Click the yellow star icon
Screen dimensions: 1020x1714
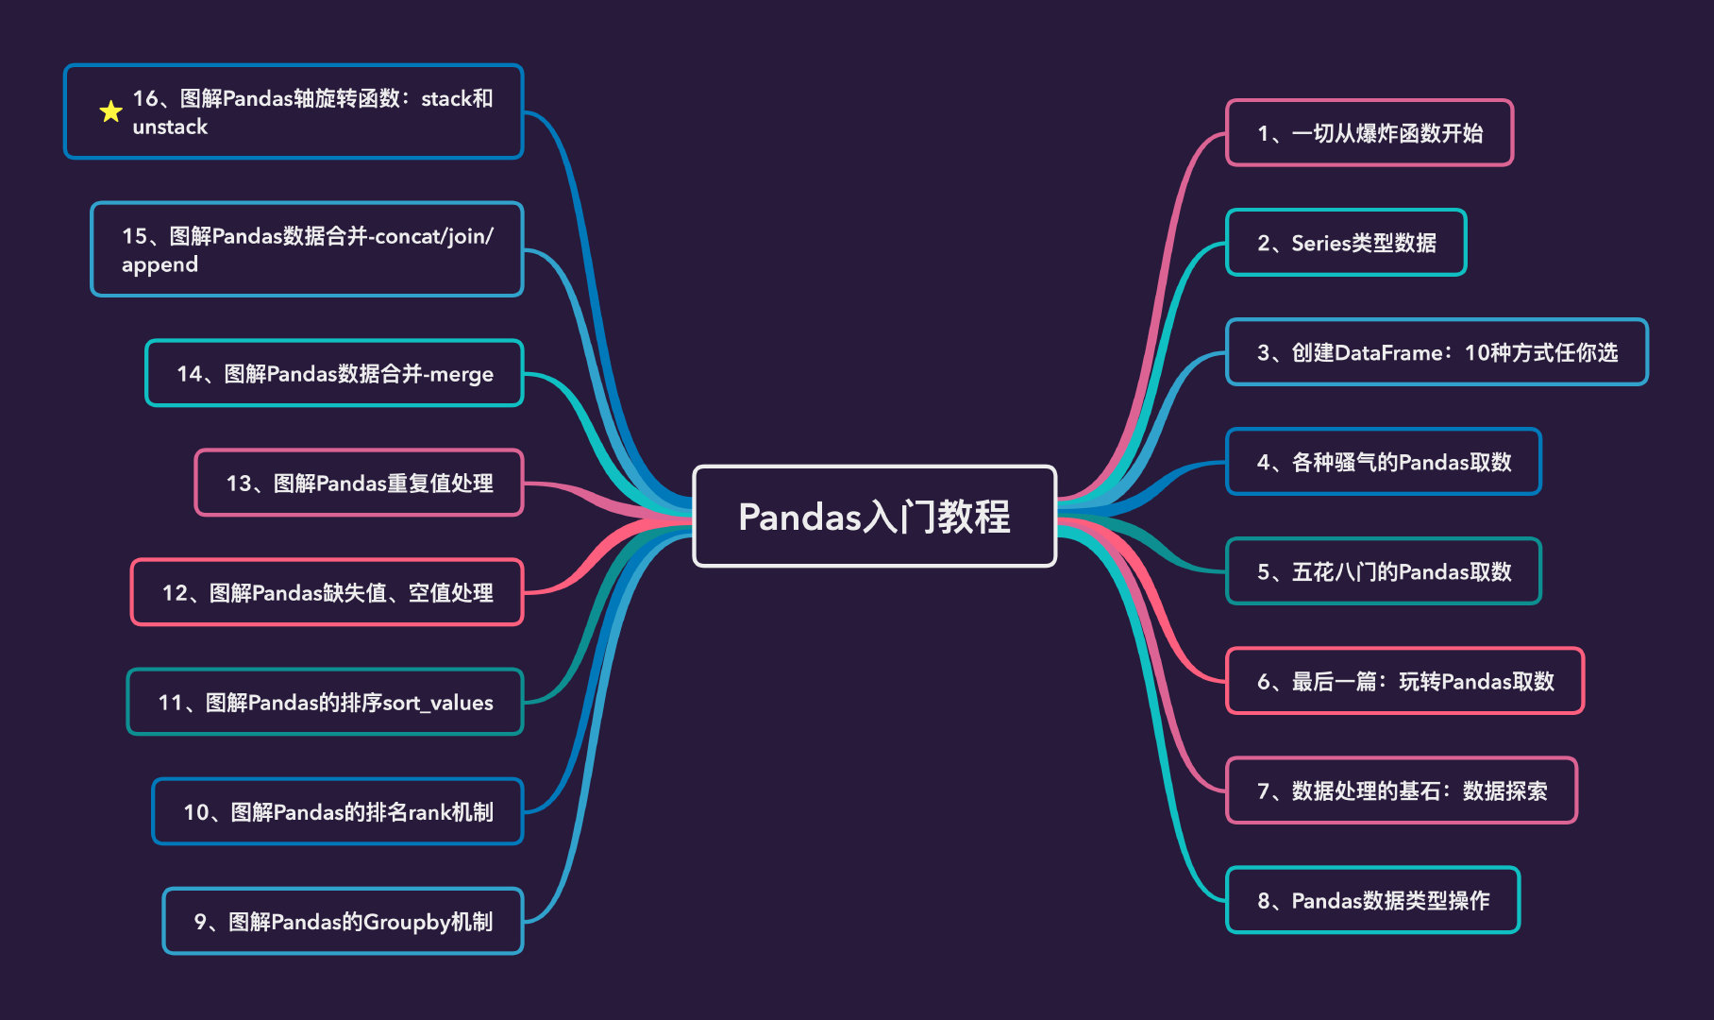coord(110,111)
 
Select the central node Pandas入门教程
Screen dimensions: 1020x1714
coord(874,517)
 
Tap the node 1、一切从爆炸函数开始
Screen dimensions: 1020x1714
coord(1369,133)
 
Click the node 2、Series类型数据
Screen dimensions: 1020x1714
coord(1346,243)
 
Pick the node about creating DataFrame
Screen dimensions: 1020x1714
coord(1437,352)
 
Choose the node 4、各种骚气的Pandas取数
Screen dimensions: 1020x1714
coord(1383,462)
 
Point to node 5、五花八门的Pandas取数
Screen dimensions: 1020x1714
coord(1383,571)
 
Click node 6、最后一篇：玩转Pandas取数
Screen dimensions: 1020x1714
coord(1404,681)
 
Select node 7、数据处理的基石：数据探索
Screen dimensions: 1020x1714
coord(1401,790)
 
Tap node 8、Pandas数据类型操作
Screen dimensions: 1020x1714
coord(1372,900)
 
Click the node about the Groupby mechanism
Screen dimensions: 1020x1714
coord(343,921)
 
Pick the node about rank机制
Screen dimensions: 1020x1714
coord(337,811)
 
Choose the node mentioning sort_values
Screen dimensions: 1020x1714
coord(325,702)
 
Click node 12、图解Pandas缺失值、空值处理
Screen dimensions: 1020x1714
coord(327,592)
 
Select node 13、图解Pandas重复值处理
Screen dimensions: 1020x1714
coord(359,483)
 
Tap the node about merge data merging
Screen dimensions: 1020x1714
coord(334,373)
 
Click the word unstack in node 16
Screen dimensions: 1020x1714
coord(170,127)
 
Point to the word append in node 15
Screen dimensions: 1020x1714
coord(160,264)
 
